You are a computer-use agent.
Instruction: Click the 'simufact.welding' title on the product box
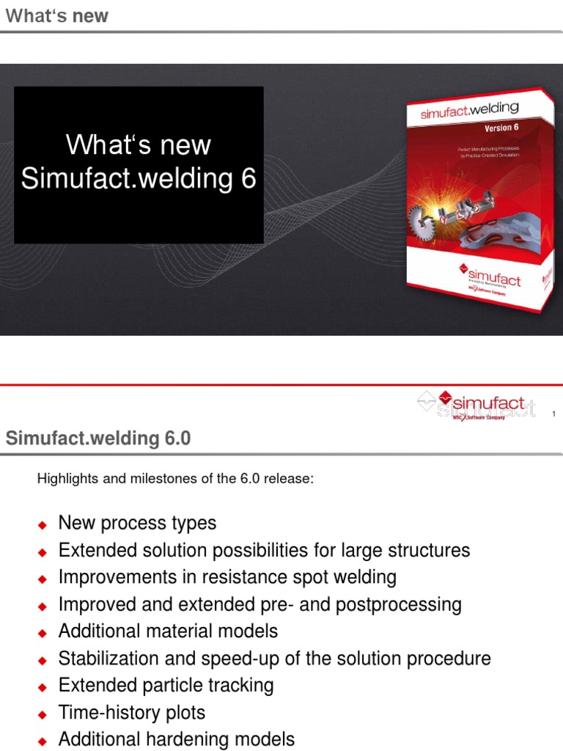pos(469,111)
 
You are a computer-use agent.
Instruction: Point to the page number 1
pos(553,414)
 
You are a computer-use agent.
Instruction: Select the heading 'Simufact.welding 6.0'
pos(98,439)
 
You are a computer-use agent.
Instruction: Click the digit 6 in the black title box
pos(248,178)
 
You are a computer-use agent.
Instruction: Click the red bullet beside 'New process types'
pos(43,524)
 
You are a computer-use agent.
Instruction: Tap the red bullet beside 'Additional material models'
pos(43,632)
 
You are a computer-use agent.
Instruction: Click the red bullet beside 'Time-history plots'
pos(43,714)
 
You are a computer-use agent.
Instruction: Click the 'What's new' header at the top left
pos(56,15)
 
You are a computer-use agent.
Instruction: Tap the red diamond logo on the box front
pos(463,266)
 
